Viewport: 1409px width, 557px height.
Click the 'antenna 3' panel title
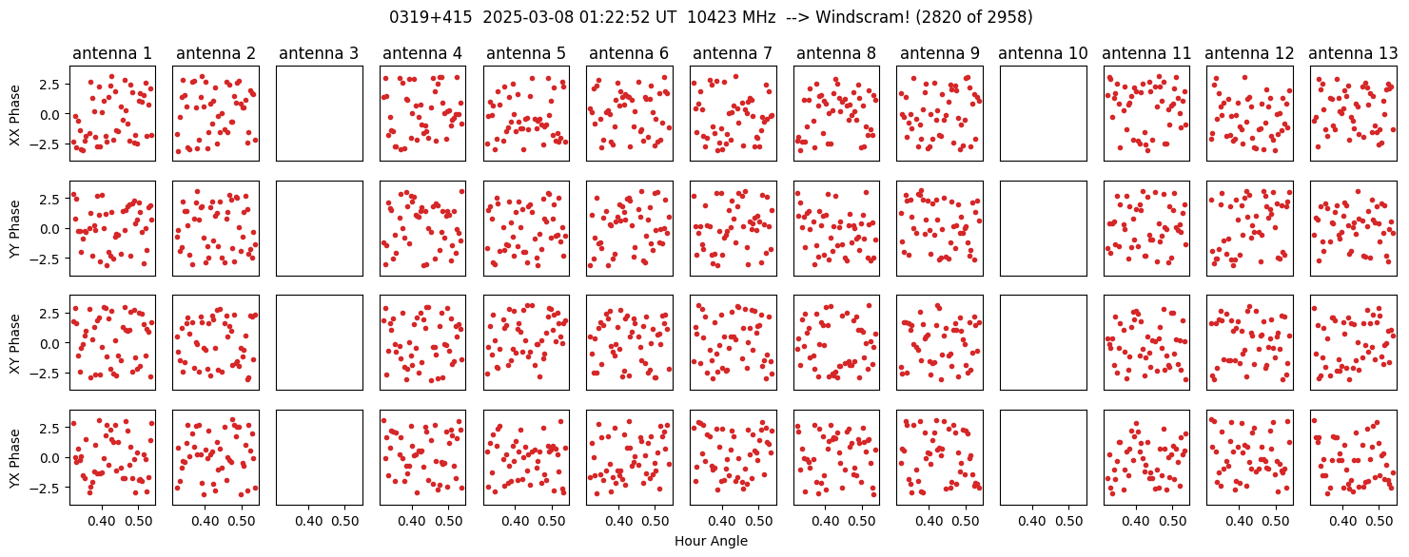319,53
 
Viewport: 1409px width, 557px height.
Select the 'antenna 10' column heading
1043,53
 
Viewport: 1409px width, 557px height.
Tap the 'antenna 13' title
1353,53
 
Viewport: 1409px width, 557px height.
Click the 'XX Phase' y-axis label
14,115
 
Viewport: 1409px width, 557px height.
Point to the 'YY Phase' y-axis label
14,229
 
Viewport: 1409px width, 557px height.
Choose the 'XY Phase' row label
14,344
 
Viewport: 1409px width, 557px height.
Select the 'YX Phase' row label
14,458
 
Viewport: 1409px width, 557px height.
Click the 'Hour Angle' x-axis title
711,541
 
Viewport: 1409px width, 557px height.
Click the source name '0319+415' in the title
430,17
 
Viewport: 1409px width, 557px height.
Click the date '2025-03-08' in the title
528,17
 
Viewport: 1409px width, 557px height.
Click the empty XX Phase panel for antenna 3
320,114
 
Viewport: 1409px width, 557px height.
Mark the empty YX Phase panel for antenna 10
1043,457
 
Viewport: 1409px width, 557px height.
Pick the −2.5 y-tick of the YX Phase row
48,488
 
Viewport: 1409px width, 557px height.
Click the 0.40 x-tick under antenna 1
102,521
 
